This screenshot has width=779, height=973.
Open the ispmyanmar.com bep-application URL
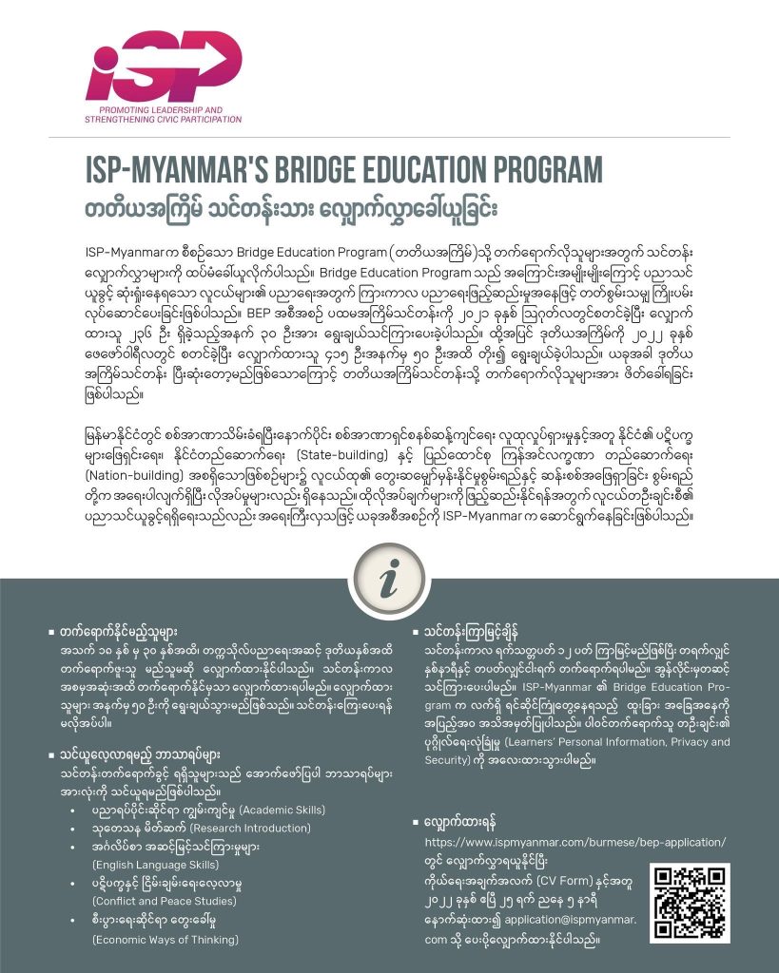[575, 842]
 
